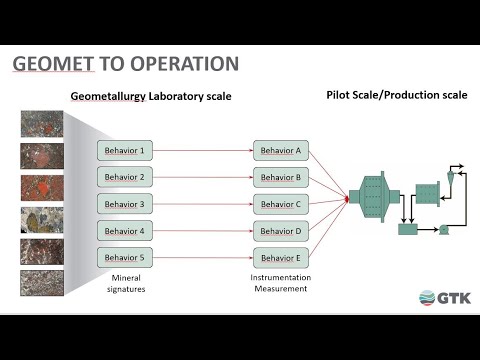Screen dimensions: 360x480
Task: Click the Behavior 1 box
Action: coord(126,152)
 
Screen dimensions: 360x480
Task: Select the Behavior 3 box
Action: coord(126,204)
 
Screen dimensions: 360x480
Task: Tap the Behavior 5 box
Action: coord(126,257)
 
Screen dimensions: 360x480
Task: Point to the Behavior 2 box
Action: coord(126,178)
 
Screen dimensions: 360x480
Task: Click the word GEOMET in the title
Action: coord(54,65)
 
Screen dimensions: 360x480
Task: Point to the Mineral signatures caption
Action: coord(126,283)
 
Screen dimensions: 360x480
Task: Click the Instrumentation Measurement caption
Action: coord(280,283)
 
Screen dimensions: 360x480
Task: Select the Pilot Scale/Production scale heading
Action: coord(397,96)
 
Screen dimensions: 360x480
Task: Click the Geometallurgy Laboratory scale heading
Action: coord(151,97)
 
